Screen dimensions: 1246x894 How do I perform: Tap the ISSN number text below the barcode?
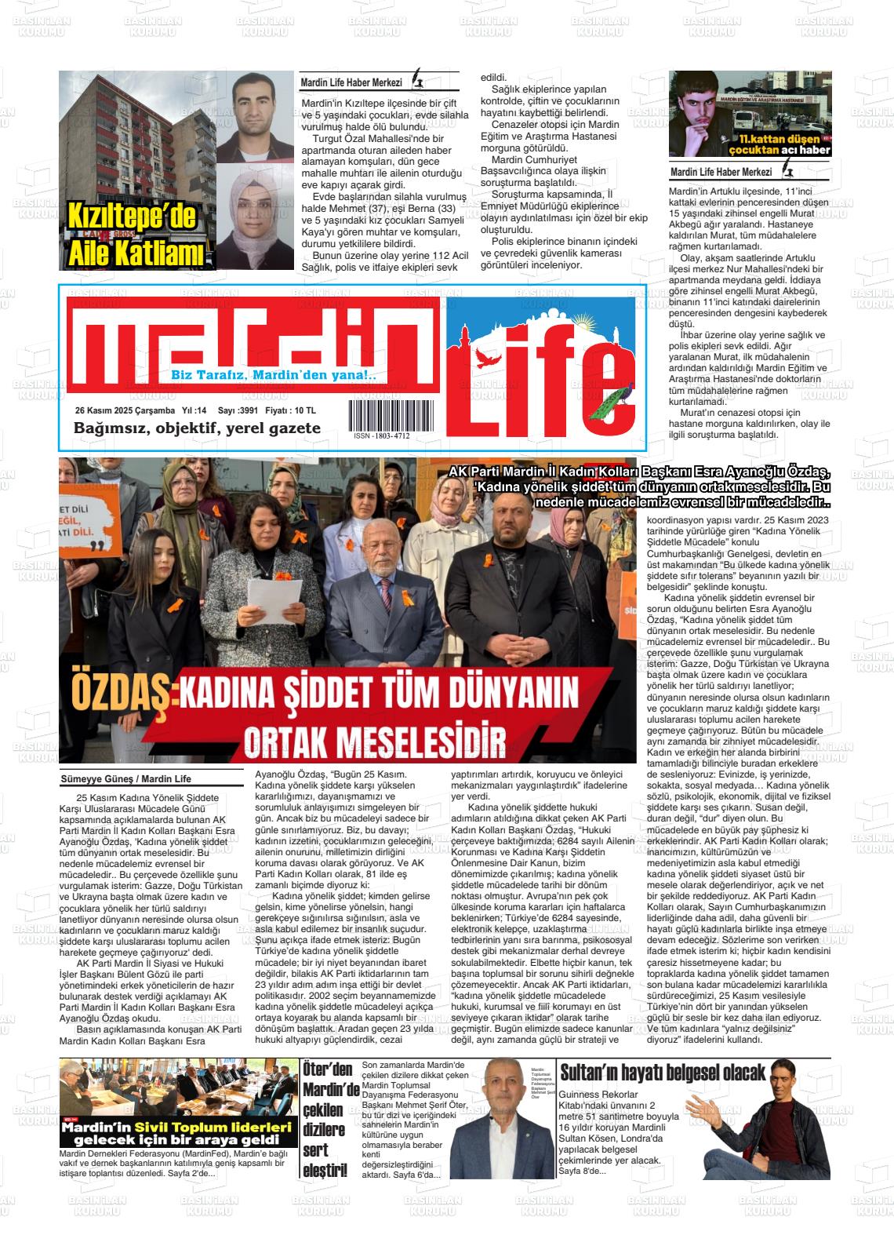[381, 436]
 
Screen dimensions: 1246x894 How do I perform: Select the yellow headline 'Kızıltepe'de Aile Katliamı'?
[133, 235]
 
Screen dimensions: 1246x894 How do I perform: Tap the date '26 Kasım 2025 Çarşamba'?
[125, 410]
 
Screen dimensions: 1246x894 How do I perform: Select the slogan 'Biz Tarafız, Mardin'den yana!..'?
[274, 376]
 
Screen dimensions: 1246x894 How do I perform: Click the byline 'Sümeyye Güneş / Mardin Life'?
[126, 779]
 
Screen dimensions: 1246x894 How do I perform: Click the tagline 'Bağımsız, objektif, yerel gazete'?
[197, 428]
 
